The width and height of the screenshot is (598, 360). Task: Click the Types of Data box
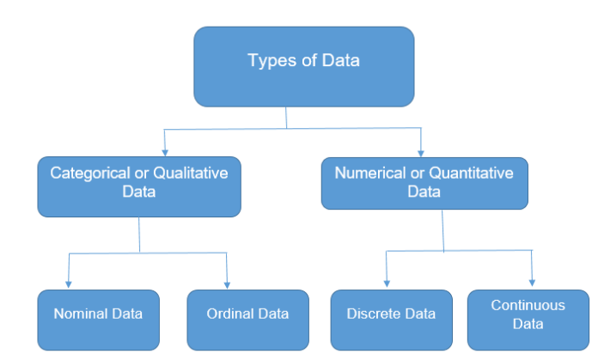(303, 66)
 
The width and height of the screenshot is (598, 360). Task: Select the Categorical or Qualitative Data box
(138, 186)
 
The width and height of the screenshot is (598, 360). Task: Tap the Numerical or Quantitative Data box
(424, 182)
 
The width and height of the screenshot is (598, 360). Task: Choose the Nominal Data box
(98, 320)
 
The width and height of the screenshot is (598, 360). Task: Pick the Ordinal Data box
(247, 320)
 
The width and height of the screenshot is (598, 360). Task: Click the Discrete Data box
(391, 320)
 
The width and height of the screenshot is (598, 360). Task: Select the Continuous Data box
(528, 320)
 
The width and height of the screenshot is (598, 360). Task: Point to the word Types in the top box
(265, 61)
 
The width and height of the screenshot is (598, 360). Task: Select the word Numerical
(368, 173)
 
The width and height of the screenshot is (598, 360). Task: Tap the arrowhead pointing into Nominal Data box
(69, 284)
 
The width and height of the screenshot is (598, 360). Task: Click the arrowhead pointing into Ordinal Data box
(227, 284)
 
